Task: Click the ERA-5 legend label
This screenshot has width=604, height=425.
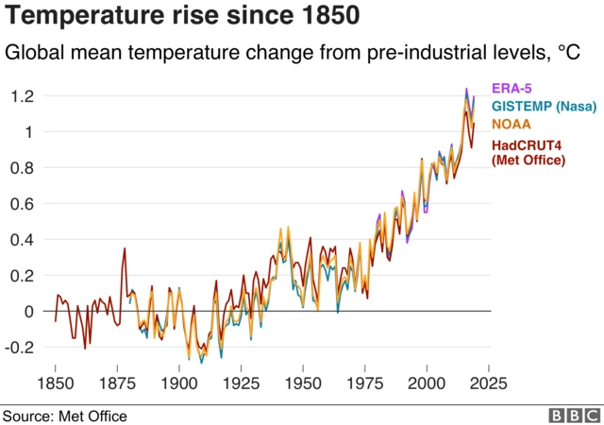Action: point(512,89)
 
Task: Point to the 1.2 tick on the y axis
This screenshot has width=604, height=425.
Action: point(23,96)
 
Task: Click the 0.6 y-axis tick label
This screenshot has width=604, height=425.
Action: point(23,204)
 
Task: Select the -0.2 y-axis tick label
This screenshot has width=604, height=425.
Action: point(21,348)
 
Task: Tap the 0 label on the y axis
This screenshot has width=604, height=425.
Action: point(29,312)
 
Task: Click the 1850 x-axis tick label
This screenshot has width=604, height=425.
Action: point(55,383)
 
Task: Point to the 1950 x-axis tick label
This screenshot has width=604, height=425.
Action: point(302,383)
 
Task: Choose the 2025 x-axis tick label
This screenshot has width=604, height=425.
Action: point(488,383)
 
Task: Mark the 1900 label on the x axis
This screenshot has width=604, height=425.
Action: point(178,383)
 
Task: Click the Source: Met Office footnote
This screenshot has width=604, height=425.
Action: point(64,416)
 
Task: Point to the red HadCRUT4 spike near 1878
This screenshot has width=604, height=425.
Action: point(125,249)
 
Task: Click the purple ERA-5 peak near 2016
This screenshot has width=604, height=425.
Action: point(465,90)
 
